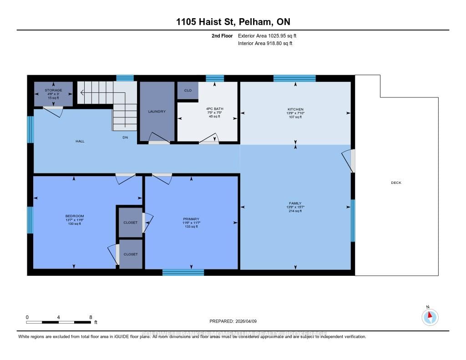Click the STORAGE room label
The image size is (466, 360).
click(x=54, y=90)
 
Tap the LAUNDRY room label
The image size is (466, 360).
click(x=157, y=112)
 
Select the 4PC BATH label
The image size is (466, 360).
click(x=214, y=109)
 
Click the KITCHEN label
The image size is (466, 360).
click(x=295, y=109)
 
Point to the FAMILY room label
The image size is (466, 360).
click(x=295, y=203)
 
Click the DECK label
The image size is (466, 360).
click(x=396, y=183)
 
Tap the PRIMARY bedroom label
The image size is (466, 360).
click(x=191, y=219)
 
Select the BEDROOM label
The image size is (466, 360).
click(x=75, y=216)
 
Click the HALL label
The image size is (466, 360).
click(x=80, y=141)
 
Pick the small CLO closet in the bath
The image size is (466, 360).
click(x=187, y=91)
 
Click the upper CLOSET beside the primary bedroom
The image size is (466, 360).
click(x=131, y=223)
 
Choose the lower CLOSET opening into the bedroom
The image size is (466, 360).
click(x=131, y=254)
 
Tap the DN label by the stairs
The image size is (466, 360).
click(x=125, y=137)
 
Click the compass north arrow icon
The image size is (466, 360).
click(x=430, y=317)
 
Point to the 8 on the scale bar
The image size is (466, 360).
click(x=91, y=317)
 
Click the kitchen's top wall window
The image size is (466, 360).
click(x=294, y=78)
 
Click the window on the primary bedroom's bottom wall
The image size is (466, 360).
click(x=183, y=272)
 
